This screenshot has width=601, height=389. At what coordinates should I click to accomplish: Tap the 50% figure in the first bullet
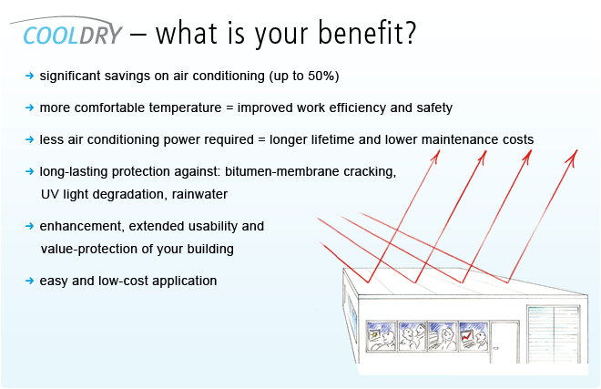[x=321, y=76]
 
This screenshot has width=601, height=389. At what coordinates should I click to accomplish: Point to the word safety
[x=434, y=107]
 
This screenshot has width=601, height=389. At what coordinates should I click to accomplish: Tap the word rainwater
[x=199, y=194]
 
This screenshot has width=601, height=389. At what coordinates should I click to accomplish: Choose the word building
[x=210, y=249]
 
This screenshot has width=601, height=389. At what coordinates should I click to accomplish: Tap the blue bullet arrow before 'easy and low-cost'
[x=29, y=281]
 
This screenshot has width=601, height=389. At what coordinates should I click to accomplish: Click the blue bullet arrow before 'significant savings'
[x=29, y=76]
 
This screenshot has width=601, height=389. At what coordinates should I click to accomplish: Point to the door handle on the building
[x=495, y=348]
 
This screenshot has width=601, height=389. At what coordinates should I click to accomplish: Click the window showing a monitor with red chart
[x=474, y=336]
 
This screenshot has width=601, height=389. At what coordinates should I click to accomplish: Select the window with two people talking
[x=413, y=336]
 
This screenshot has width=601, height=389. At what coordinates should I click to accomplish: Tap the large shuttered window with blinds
[x=554, y=334]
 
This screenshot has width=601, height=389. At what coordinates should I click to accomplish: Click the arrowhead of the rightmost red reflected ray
[x=573, y=156]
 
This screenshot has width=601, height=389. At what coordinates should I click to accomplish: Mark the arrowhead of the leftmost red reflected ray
[x=435, y=156]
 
